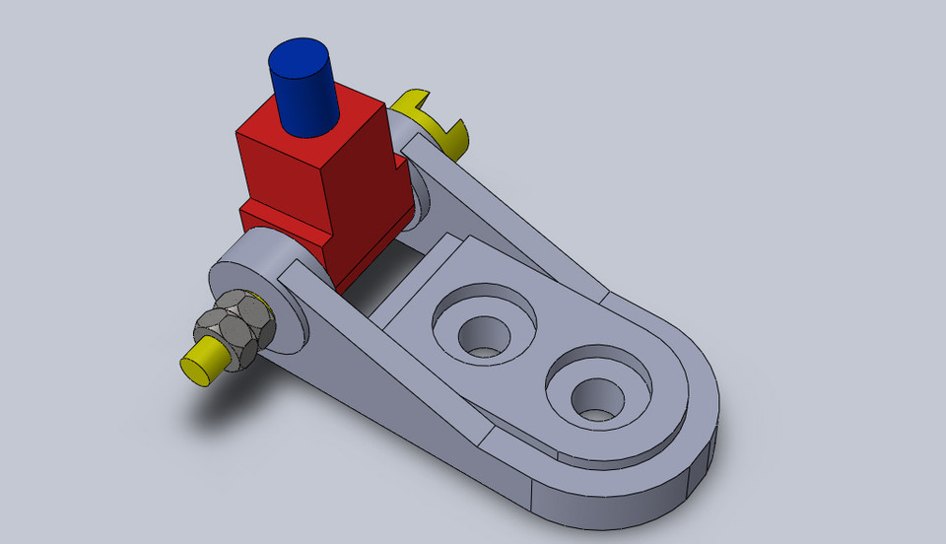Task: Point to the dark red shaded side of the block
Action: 370,182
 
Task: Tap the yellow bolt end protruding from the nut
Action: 202,361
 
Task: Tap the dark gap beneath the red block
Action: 384,271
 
